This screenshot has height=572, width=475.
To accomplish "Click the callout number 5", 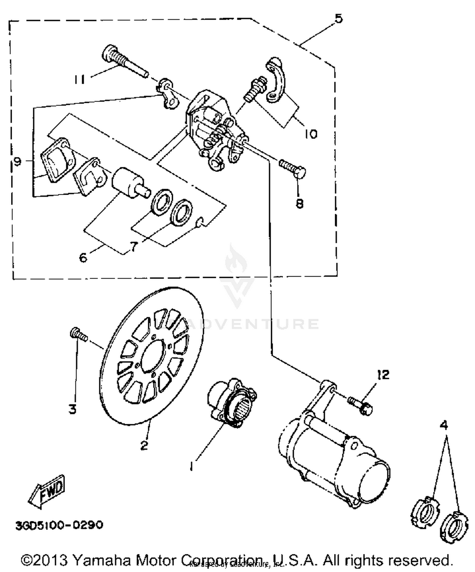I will coord(339,19).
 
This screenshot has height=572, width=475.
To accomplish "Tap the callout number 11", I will coord(79,79).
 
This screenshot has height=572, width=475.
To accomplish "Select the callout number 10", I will coord(311,134).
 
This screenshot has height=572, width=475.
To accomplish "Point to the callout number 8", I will coord(299,203).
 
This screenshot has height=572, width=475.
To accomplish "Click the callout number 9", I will coord(17,162).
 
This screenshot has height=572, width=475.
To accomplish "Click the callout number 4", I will coord(444,426).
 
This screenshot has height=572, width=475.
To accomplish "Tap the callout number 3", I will coord(73,410).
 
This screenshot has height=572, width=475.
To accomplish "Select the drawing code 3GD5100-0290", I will coord(59,525).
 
